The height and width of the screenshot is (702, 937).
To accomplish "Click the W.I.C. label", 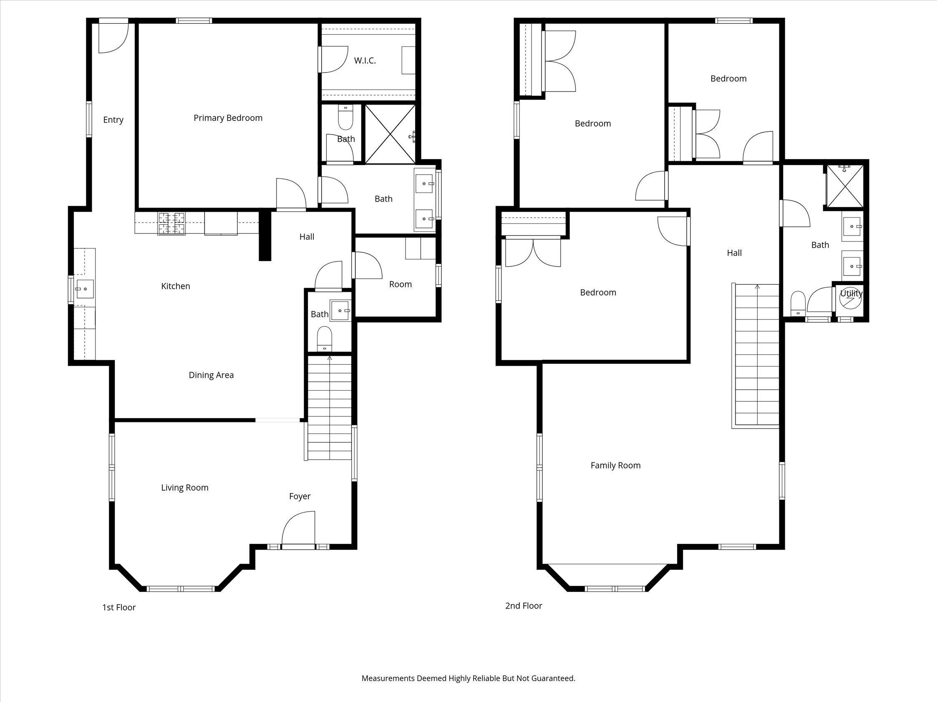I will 365,60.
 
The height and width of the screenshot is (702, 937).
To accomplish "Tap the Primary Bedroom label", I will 228,118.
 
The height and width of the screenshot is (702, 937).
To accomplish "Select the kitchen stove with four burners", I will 171,223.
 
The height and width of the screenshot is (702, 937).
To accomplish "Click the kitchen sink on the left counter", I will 85,289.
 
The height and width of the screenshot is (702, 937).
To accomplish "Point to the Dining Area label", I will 211,375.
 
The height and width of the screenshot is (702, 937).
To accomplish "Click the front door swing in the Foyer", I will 299,529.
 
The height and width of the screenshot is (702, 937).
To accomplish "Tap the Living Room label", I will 185,487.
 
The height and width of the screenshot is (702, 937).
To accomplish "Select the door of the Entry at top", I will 113,38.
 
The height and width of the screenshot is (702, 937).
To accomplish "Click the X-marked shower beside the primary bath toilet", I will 390,134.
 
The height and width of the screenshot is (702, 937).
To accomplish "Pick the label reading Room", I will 400,284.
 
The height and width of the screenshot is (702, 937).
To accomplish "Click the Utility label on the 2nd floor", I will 851,293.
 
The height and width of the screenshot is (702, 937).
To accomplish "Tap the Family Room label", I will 615,466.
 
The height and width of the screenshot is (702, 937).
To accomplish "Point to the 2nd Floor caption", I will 524,606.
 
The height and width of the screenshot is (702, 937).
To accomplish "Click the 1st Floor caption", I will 118,607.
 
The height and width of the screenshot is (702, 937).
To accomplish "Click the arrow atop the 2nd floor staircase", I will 757,287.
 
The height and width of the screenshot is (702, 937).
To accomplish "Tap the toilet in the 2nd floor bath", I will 798,302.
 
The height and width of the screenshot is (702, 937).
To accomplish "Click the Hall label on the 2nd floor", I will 734,253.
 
